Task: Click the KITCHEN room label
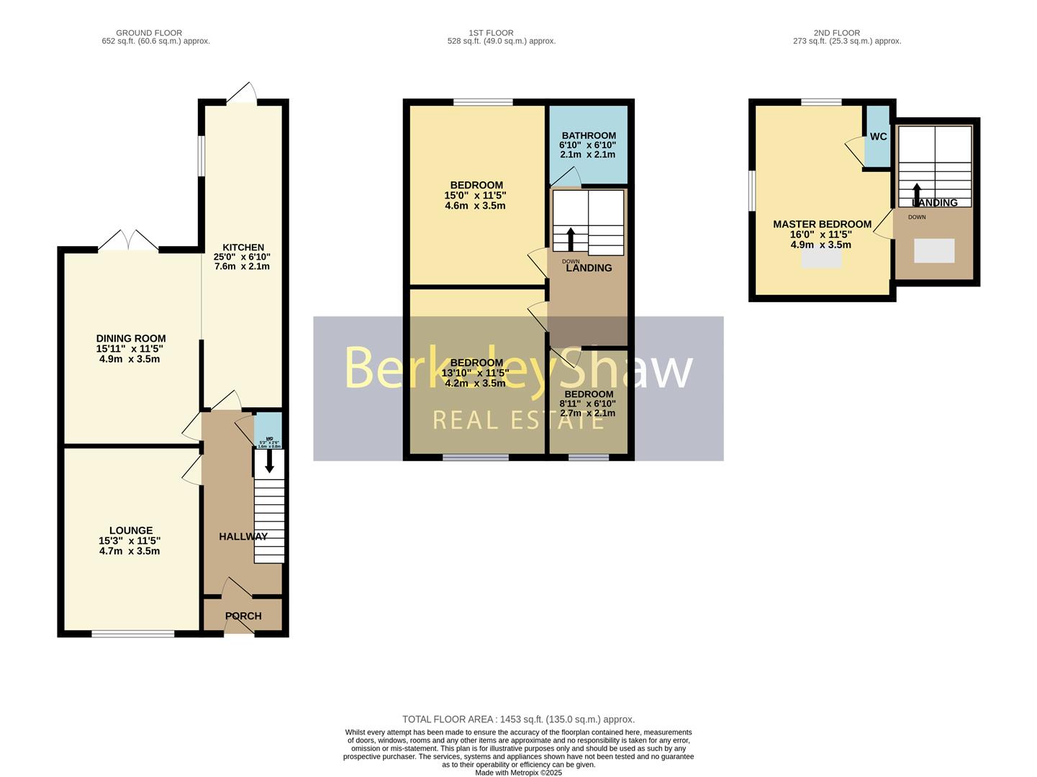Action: coord(243,247)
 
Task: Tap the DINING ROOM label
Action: coord(131,339)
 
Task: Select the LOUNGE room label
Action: coord(131,531)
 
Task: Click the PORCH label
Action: coord(243,617)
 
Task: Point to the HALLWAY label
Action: coord(243,537)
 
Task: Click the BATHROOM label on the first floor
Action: coord(589,136)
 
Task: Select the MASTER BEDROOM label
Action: coord(822,224)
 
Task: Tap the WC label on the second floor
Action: coord(878,137)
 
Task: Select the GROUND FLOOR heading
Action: coord(149,33)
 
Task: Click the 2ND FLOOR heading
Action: coord(836,33)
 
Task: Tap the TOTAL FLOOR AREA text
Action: coord(518,719)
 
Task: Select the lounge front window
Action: coord(132,634)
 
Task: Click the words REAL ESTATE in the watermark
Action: coord(518,419)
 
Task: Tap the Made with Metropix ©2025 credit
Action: coord(518,773)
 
